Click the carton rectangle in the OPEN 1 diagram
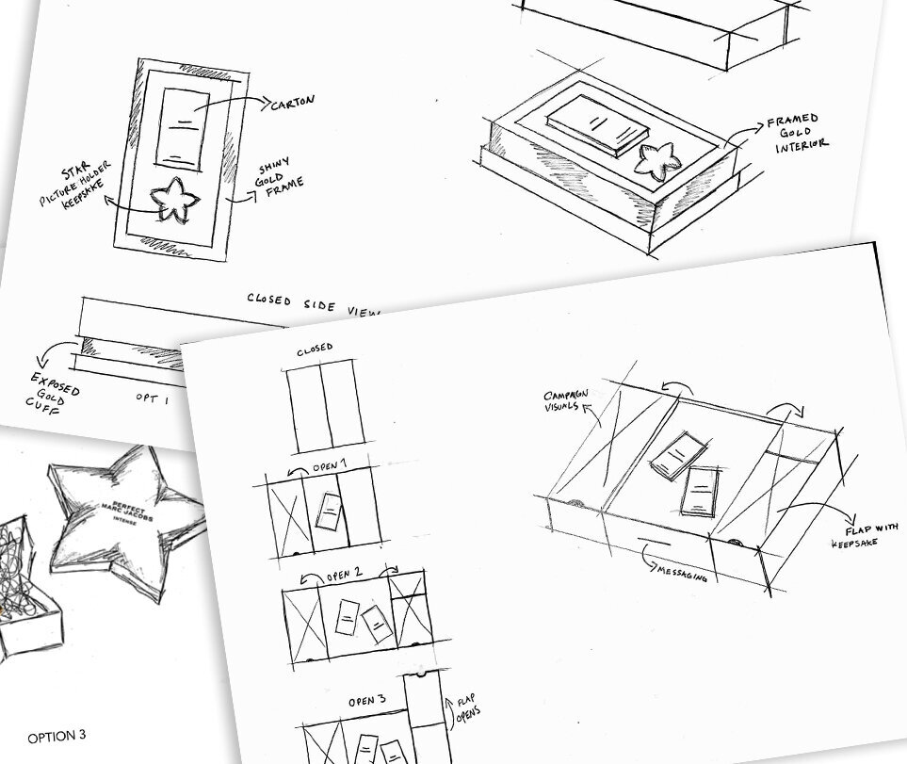coord(328,513)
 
